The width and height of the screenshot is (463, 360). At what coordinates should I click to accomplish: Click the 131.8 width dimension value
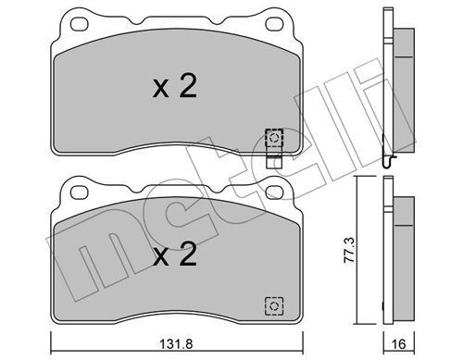tap(176, 344)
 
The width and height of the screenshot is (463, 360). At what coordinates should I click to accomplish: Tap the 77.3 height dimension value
tap(350, 250)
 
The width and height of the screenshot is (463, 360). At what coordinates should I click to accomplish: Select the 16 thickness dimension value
tap(398, 344)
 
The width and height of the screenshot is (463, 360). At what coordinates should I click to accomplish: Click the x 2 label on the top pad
tap(175, 87)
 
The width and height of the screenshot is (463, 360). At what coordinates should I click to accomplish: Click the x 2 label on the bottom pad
tap(175, 254)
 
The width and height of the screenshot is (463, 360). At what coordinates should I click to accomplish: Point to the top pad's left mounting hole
tap(80, 24)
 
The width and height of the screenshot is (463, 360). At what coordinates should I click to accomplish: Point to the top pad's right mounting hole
tap(274, 24)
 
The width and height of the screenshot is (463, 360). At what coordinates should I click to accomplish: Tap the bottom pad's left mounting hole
tap(80, 192)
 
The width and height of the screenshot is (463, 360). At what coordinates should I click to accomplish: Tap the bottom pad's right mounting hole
tap(274, 192)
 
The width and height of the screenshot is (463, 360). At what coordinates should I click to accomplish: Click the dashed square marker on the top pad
tap(274, 138)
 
